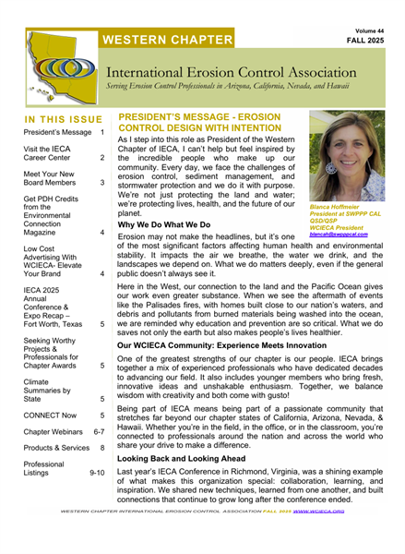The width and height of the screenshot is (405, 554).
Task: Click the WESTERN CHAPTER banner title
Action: click(x=167, y=40)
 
